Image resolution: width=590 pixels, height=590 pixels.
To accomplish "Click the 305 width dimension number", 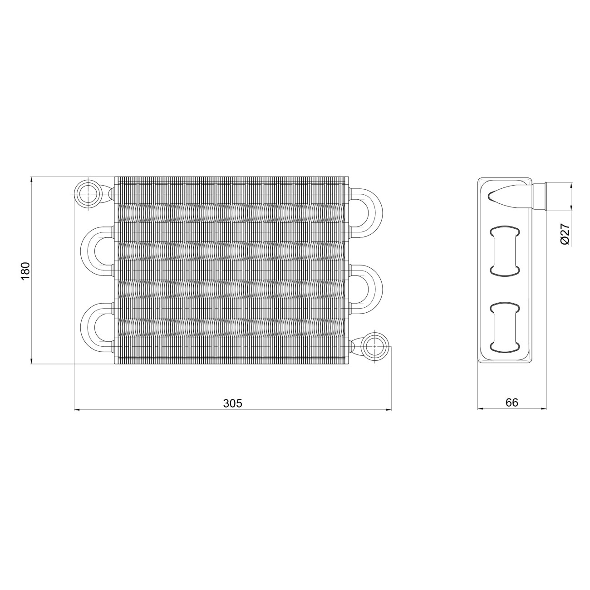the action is point(233,403).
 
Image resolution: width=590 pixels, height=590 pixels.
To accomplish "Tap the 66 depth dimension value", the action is point(512,402).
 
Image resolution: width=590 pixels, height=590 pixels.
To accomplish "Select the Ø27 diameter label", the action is point(565,234).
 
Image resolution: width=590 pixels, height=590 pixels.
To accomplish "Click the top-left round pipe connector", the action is point(88,194).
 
